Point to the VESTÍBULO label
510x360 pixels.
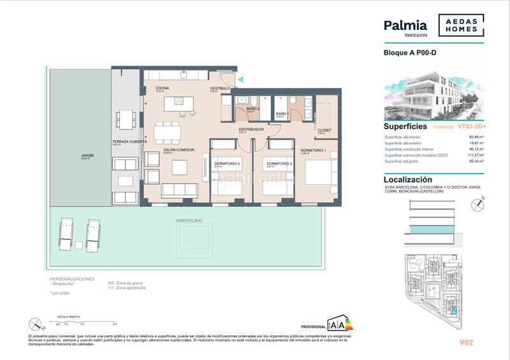[220, 88]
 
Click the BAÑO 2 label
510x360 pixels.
[253, 108]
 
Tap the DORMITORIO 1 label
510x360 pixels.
[313, 150]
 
